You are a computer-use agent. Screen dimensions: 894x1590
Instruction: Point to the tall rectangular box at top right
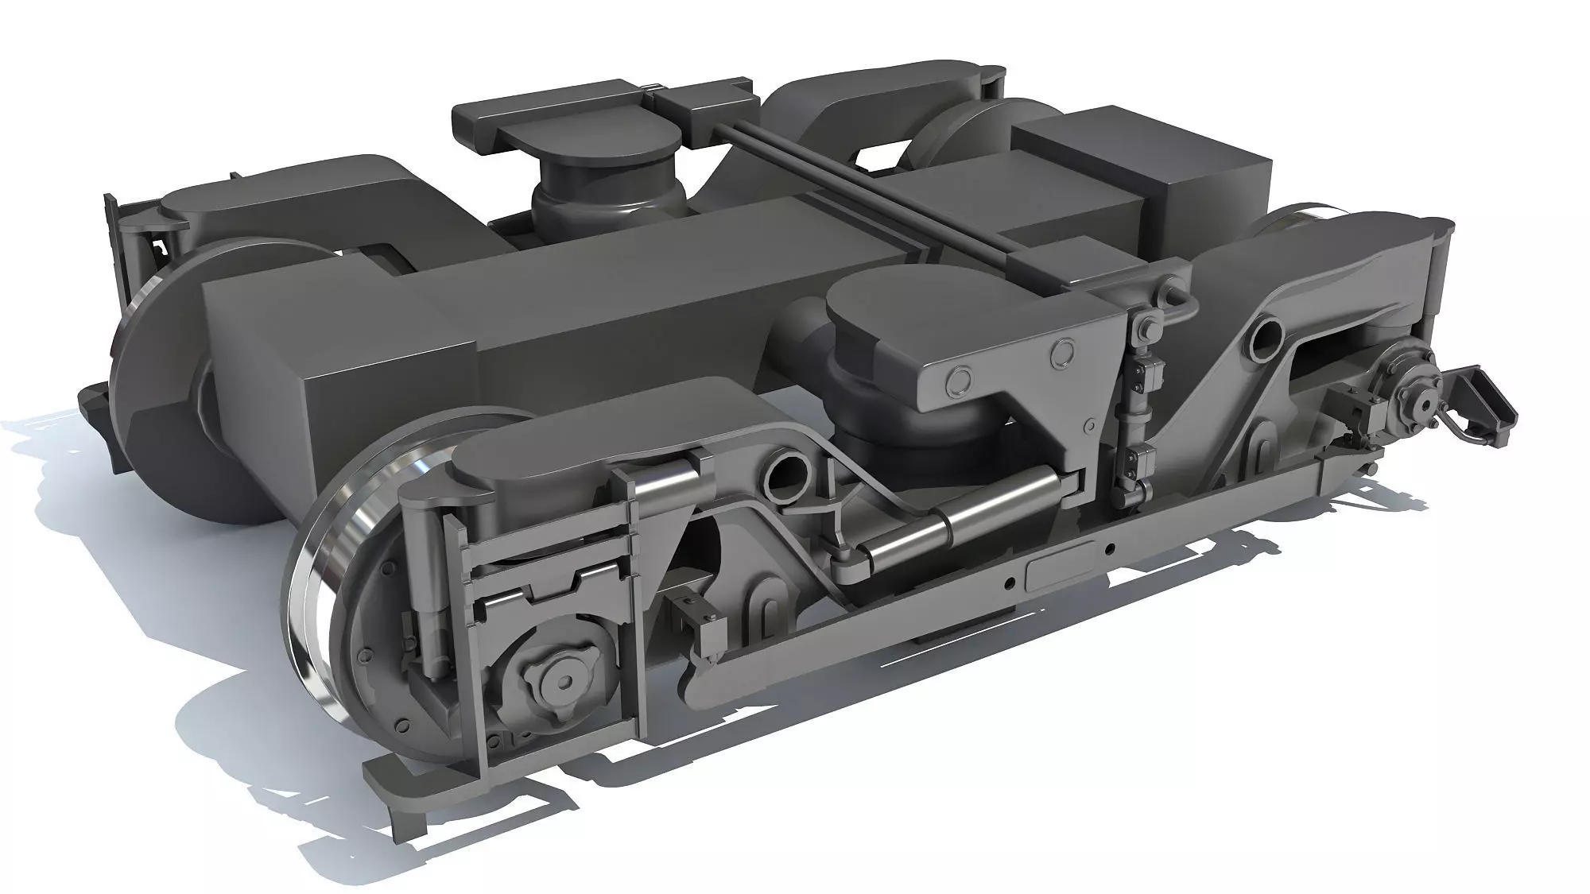(1145, 179)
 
